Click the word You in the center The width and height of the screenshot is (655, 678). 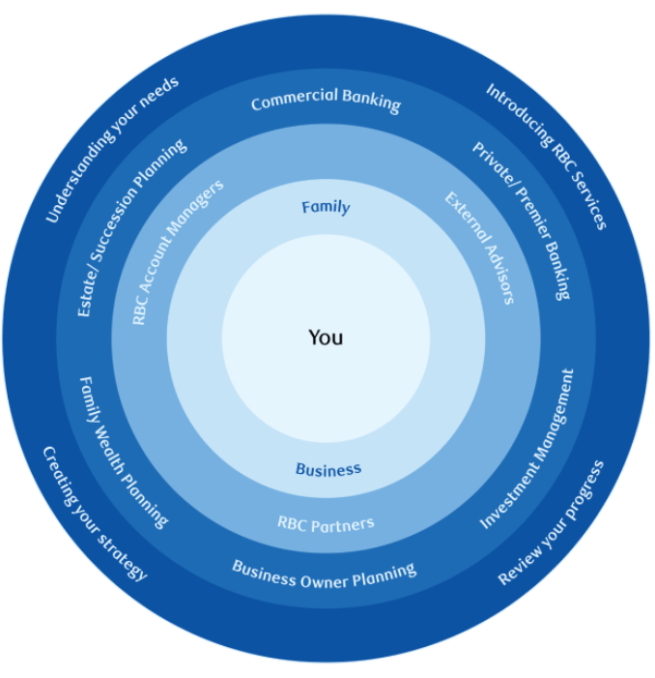click(326, 338)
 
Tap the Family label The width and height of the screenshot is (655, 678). click(326, 207)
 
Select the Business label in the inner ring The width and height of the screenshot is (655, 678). click(328, 470)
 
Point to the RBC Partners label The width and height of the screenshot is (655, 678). click(326, 524)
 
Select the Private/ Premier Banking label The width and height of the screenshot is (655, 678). click(522, 221)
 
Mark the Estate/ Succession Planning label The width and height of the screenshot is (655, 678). click(131, 228)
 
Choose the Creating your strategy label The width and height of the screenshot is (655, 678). click(95, 513)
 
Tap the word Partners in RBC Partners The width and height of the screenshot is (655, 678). click(342, 524)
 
